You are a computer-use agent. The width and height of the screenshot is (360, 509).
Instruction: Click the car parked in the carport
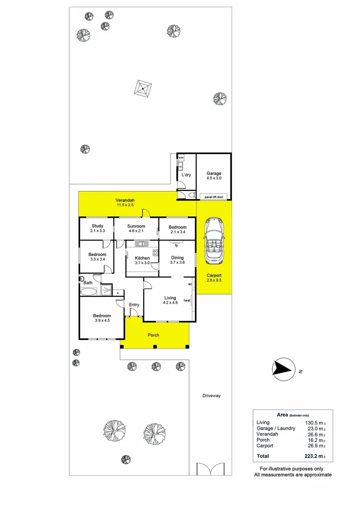coord(214,242)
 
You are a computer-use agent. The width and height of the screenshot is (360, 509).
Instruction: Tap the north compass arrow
coord(283,369)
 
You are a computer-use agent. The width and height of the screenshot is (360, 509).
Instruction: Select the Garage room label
coord(213,173)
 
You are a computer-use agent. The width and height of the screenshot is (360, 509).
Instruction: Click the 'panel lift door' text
coord(214,197)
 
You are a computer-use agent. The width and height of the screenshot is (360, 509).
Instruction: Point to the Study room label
coord(98,226)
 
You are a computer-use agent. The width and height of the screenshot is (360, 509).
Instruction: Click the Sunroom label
coord(137,226)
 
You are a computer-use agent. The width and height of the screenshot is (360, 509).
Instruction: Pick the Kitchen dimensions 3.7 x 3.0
coord(142,263)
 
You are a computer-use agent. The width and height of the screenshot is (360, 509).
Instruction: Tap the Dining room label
coord(177,257)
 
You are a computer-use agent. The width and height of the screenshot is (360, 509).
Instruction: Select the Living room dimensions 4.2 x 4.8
coord(170,303)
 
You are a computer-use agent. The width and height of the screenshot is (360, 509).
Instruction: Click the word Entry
coord(134,304)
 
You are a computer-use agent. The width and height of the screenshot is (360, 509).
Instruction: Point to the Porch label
coord(153,335)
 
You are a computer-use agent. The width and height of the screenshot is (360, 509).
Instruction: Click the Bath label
coord(88,283)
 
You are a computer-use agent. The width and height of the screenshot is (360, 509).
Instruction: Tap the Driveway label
coord(211,396)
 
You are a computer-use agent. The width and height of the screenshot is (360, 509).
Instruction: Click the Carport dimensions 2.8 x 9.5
coord(214,280)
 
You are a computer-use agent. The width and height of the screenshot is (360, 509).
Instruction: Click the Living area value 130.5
coord(314,423)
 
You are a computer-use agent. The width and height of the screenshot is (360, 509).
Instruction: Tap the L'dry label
coord(186,175)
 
